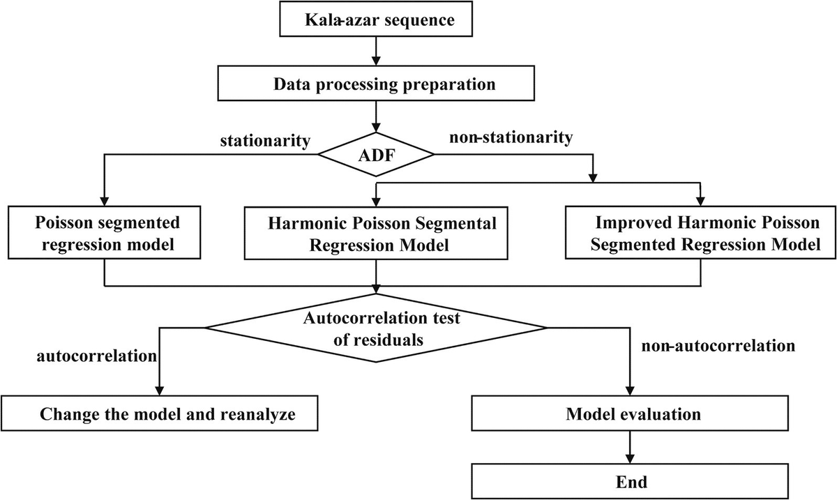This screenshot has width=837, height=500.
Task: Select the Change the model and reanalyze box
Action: tap(161, 414)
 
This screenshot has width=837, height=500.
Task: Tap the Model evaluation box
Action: tap(632, 414)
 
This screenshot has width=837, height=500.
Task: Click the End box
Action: tap(632, 481)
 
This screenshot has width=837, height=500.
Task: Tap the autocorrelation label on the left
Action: tap(96, 356)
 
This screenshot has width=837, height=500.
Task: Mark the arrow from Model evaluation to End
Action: tap(632, 447)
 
